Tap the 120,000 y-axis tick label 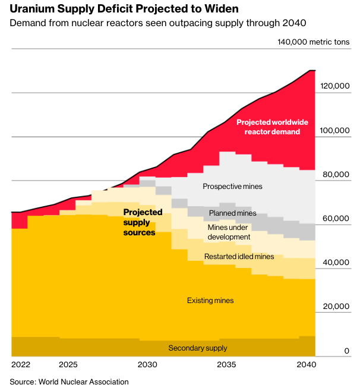pyautogui.click(x=336, y=86)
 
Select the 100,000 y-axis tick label pyautogui.click(x=336, y=131)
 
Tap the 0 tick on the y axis pyautogui.click(x=347, y=351)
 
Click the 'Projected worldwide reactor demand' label pyautogui.click(x=272, y=127)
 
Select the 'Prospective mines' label pyautogui.click(x=232, y=187)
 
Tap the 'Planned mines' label pyautogui.click(x=232, y=213)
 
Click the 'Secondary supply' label pyautogui.click(x=198, y=348)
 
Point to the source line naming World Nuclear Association pyautogui.click(x=69, y=381)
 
